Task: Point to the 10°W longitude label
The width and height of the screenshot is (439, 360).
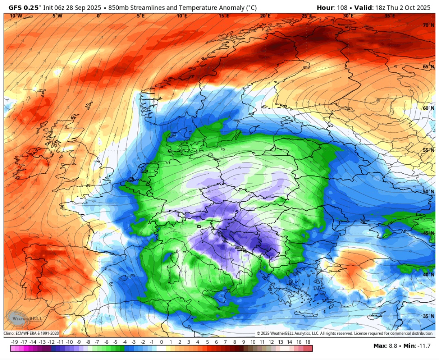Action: pyautogui.click(x=16, y=16)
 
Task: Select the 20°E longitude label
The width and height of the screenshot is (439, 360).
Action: pyautogui.click(x=265, y=16)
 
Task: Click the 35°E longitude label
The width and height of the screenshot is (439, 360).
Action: pyautogui.click(x=389, y=16)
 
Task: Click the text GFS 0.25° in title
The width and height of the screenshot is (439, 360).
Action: pyautogui.click(x=24, y=7)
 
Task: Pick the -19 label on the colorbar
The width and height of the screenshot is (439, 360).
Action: pyautogui.click(x=14, y=343)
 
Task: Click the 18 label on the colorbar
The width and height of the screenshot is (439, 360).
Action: pyautogui.click(x=308, y=343)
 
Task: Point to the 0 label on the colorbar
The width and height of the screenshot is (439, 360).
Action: pyautogui.click(x=161, y=343)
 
